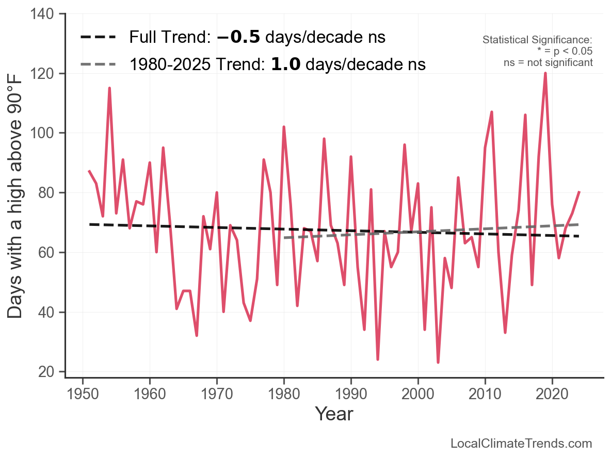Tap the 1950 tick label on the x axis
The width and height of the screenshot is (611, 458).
pos(83,394)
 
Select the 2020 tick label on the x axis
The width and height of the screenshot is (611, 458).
pos(552,394)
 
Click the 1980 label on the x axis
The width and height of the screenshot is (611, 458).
pos(284,394)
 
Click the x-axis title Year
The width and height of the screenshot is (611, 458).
pos(334,414)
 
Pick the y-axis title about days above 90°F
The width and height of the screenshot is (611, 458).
pos(15,196)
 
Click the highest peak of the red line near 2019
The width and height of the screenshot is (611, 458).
pos(545,73)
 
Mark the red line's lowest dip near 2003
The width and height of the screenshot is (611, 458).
pos(438,363)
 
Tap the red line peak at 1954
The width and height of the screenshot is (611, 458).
pos(109,88)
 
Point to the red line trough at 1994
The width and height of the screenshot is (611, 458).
pos(378,359)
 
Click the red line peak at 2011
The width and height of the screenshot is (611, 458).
pos(492,112)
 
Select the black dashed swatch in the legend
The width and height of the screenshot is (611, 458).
pos(99,38)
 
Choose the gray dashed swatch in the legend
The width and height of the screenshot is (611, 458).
pos(99,64)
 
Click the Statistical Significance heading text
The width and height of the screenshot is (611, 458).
pos(537,40)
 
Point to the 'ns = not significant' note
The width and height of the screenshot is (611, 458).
pos(548,62)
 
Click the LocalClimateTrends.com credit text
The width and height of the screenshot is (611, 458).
pos(521,444)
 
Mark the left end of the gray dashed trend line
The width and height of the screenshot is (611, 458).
pos(284,238)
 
